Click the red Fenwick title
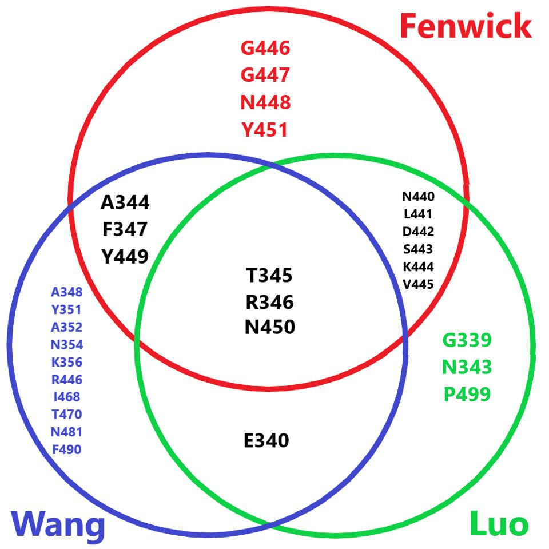click(x=466, y=26)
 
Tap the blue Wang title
click(x=58, y=523)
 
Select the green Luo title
click(x=499, y=523)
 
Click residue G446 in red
click(x=265, y=48)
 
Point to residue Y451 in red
click(x=265, y=130)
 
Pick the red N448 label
click(x=265, y=102)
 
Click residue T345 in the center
click(x=269, y=276)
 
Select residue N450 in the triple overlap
click(x=269, y=327)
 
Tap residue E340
click(x=266, y=441)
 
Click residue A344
click(x=125, y=202)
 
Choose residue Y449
click(x=125, y=257)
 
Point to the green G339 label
click(x=467, y=340)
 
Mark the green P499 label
click(x=467, y=395)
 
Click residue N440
click(x=418, y=197)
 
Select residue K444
click(x=418, y=267)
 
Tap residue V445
click(x=418, y=284)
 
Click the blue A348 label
click(x=67, y=293)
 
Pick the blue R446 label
click(x=67, y=380)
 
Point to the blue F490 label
click(x=67, y=449)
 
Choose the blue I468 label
click(x=67, y=397)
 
